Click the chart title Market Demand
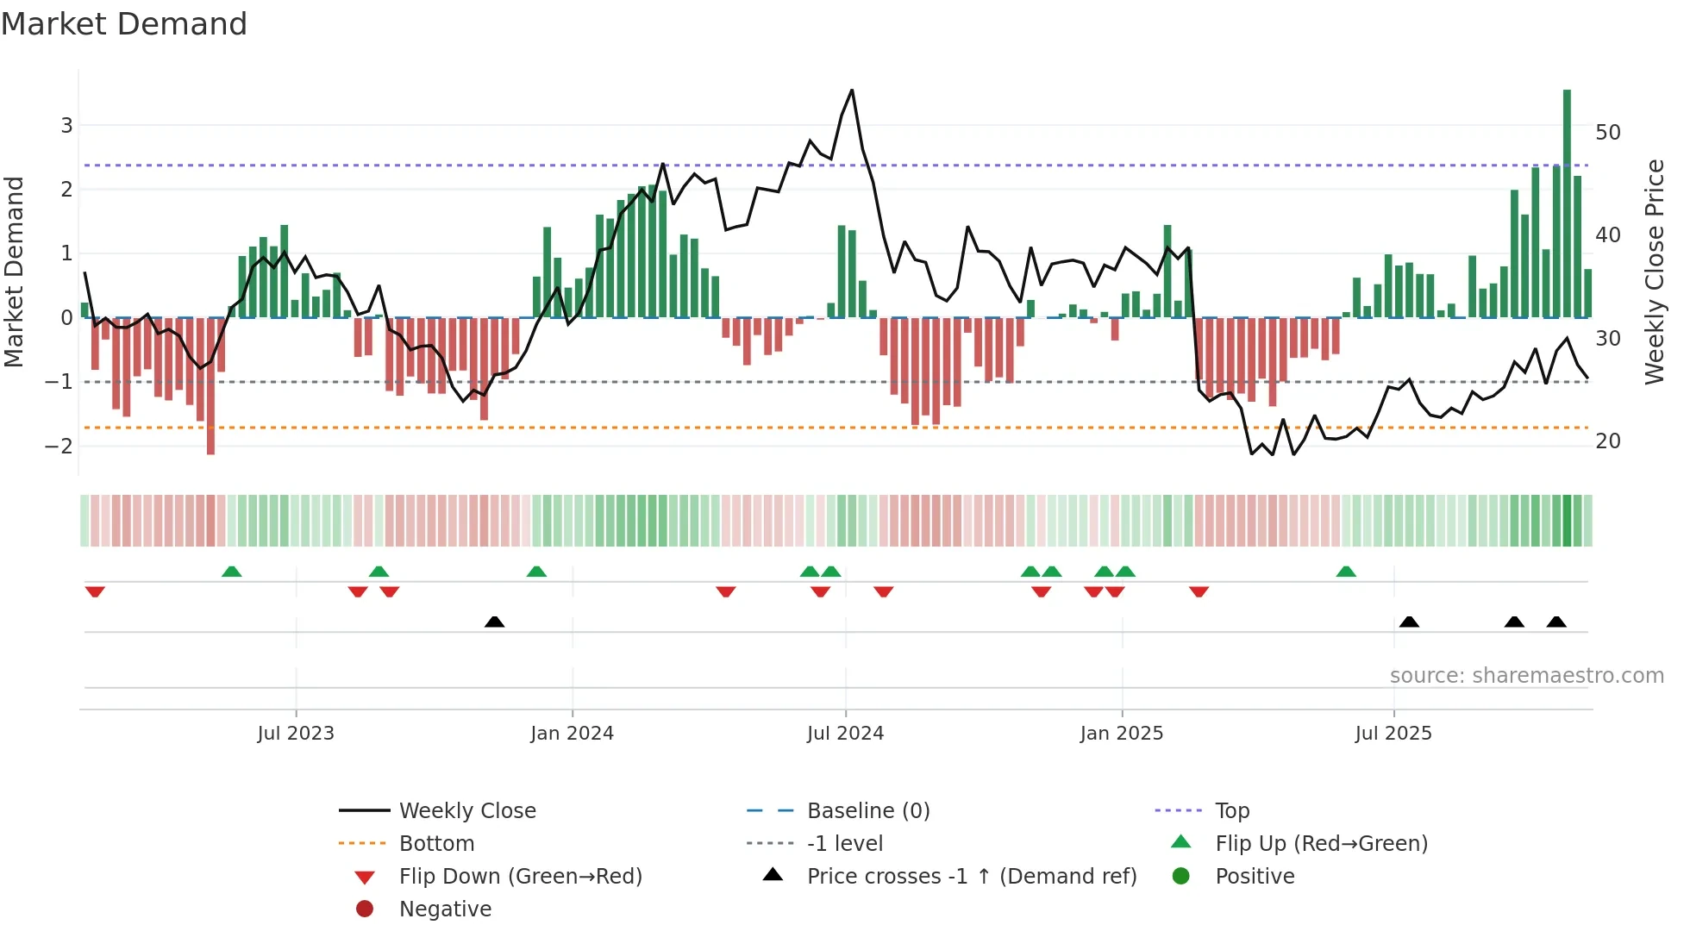coord(124,24)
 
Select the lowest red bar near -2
coord(210,388)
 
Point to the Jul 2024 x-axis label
coord(845,734)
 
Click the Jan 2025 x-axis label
coord(1121,734)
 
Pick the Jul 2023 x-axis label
coord(296,734)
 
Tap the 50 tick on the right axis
coord(1607,133)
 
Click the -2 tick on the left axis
coord(59,446)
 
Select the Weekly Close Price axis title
coord(1654,272)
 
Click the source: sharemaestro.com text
coord(1526,676)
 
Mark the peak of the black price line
coord(852,91)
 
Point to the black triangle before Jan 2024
coord(494,622)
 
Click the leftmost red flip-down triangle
coord(95,591)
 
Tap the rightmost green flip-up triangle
coord(1346,572)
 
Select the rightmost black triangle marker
coord(1556,622)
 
